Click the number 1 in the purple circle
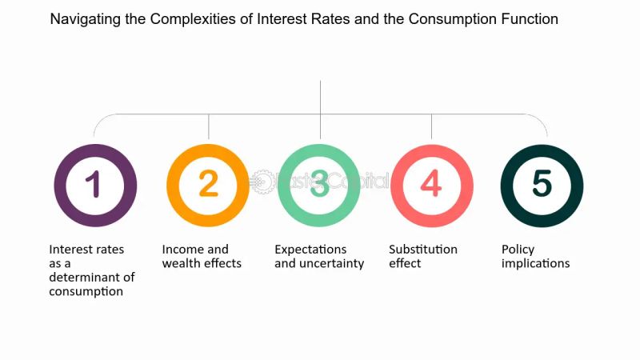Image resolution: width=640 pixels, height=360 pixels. (94, 185)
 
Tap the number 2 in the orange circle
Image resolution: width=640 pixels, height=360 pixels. (208, 185)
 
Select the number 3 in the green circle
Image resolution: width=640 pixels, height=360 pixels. (319, 185)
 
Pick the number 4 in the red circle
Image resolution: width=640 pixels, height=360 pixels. (430, 185)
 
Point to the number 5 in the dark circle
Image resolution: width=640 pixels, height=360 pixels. (542, 185)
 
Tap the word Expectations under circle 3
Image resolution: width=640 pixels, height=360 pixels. (310, 250)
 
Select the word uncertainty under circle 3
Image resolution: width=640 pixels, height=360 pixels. (330, 263)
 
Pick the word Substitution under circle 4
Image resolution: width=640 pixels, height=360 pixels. (423, 250)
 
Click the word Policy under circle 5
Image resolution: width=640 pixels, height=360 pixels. (518, 250)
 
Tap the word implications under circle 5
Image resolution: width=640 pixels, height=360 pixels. (535, 263)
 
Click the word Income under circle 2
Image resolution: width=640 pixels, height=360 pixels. (182, 250)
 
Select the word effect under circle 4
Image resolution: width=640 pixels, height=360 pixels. (406, 263)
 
